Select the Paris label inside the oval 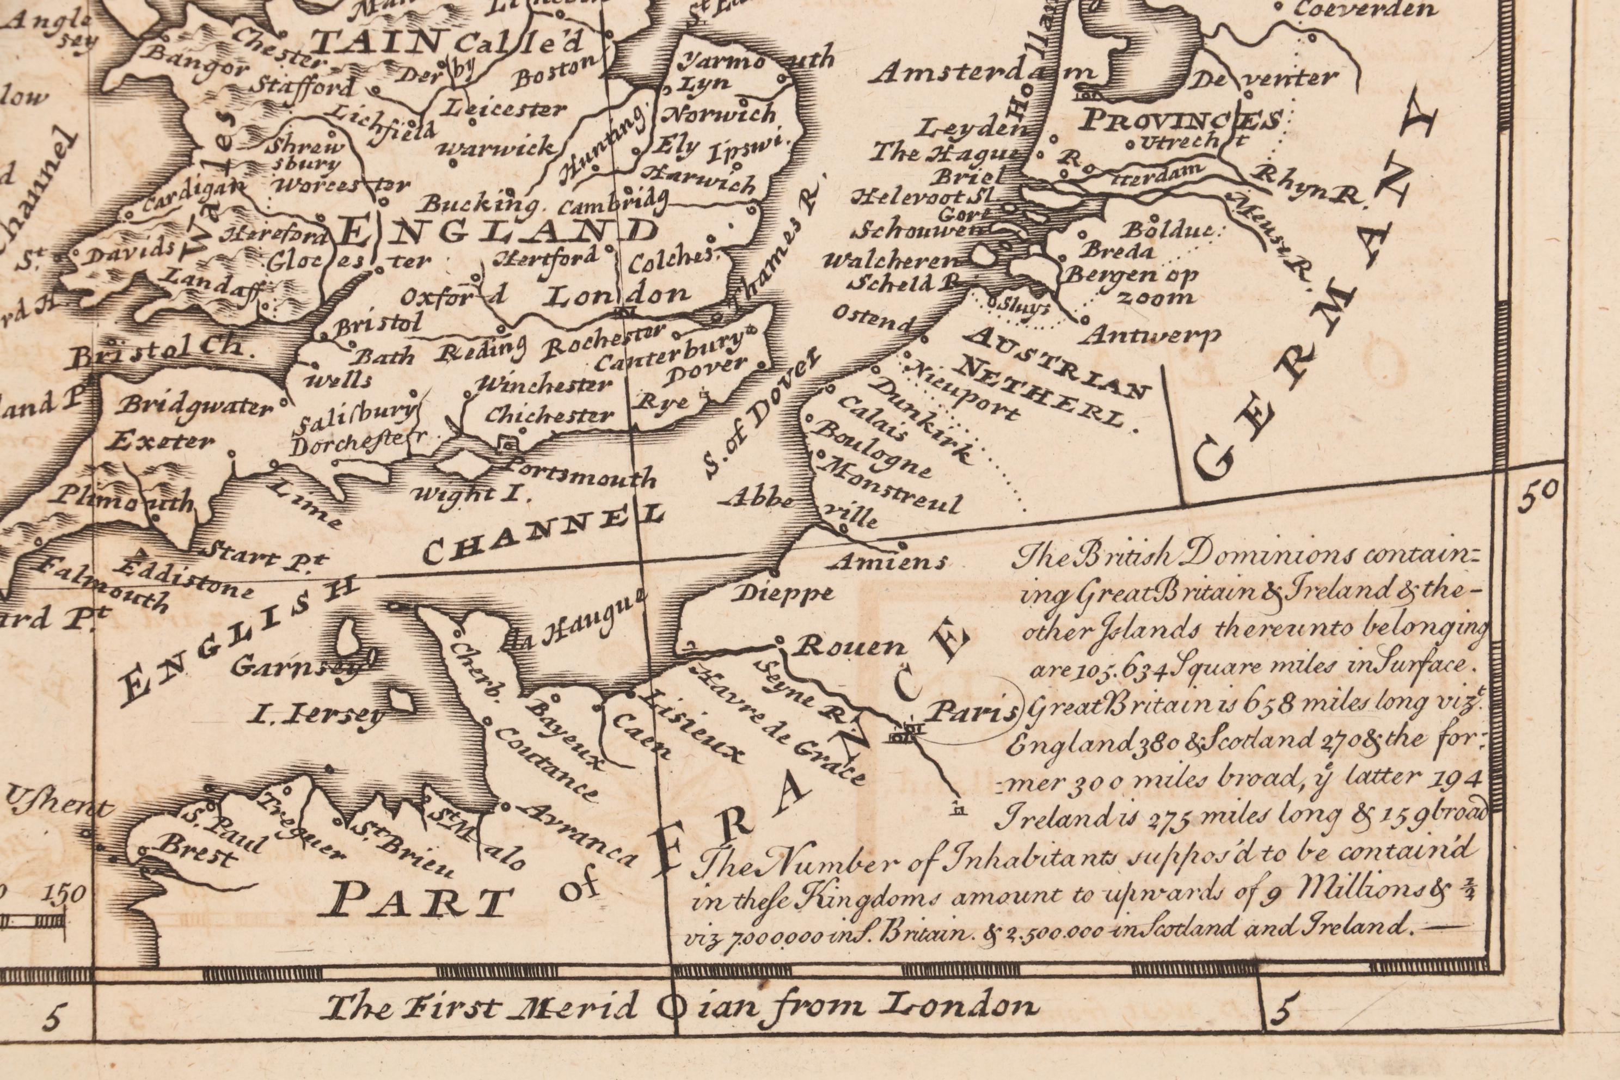(970, 712)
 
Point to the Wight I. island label (468, 494)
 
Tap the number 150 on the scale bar (65, 893)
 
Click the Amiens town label (888, 563)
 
